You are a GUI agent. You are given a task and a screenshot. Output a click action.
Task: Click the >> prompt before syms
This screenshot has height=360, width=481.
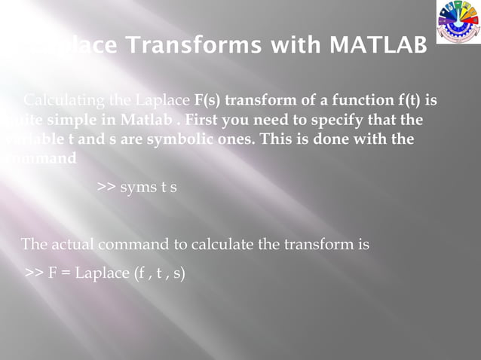(106, 187)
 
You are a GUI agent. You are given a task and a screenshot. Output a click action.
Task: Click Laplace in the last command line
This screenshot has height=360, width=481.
(100, 273)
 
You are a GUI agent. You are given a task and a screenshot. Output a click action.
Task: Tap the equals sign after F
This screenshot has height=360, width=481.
(64, 273)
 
